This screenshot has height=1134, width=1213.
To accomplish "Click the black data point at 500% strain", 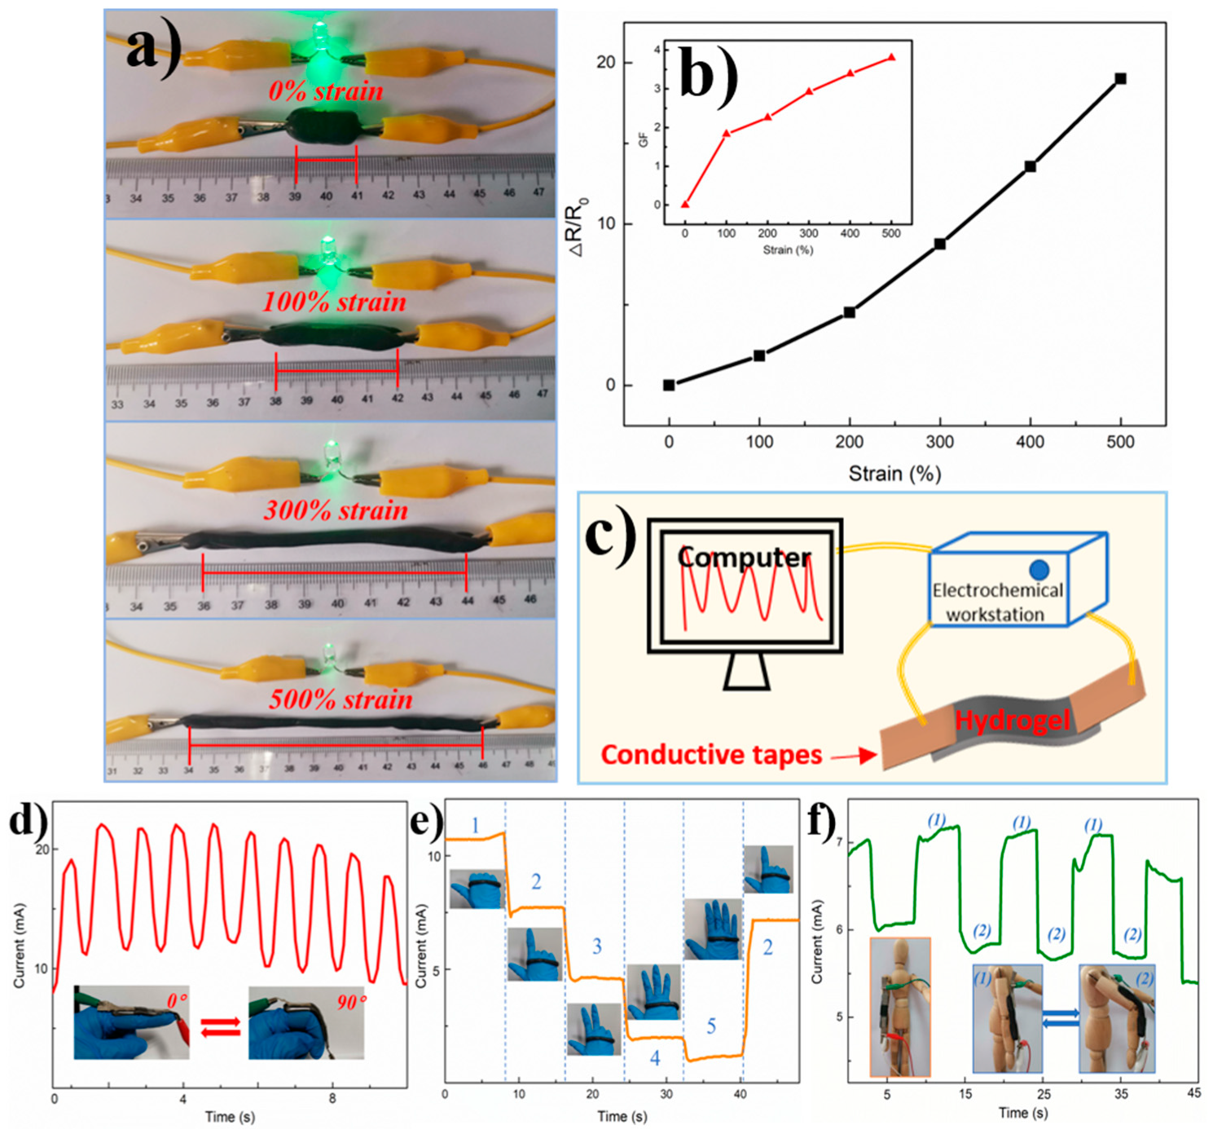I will [1120, 79].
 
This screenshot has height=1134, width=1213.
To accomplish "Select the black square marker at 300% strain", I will [939, 244].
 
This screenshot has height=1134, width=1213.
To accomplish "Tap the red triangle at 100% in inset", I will [726, 133].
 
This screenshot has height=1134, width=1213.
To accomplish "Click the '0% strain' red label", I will [326, 91].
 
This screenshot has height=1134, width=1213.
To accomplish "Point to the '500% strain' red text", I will [341, 699].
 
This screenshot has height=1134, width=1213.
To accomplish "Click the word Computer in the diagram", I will [744, 558].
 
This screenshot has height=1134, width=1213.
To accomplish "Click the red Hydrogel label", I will [1013, 721].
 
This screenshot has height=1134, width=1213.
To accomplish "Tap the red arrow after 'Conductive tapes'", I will [855, 757].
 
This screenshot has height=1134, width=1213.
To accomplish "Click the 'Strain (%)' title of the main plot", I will [894, 474].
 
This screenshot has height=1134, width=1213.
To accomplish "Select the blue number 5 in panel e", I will [711, 1026].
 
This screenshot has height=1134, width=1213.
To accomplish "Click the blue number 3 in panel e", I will [596, 946].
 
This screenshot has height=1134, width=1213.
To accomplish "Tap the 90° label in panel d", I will [351, 1002].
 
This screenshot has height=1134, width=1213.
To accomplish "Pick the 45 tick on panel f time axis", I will [1193, 1093].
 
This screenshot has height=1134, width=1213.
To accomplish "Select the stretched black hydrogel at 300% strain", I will [334, 539].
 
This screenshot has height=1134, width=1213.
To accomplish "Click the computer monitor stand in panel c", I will [745, 672].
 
